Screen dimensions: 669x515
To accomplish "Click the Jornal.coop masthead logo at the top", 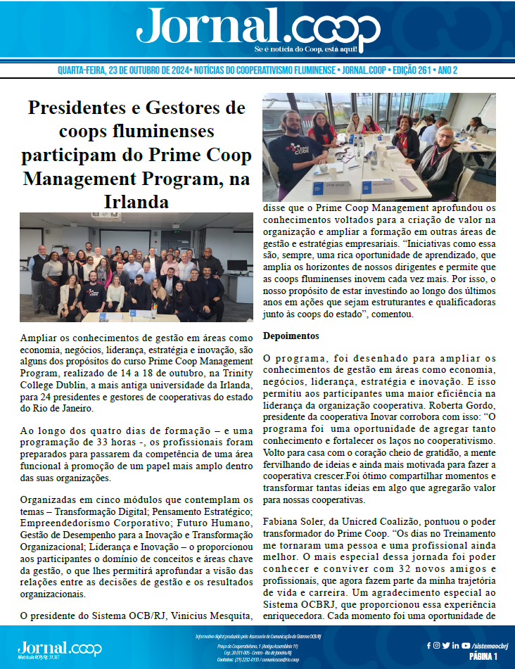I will coord(257,28).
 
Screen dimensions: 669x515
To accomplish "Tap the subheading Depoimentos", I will coord(291,336).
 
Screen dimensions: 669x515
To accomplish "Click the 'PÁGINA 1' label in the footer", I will coord(483,656).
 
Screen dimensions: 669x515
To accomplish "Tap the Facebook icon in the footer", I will coord(429,645).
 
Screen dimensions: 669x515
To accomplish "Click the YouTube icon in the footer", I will coord(466,645).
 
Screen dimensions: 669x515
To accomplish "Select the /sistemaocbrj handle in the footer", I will coord(490,645).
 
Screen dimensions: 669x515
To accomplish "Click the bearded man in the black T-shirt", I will coord(288,144).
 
